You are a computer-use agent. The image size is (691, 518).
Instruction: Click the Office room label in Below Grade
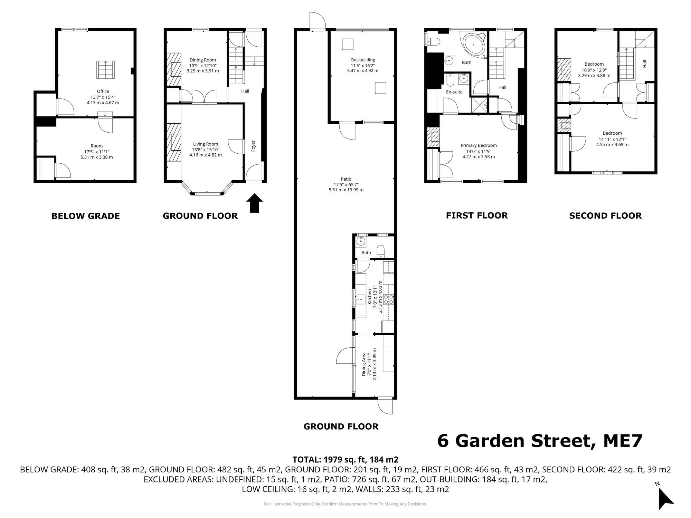(x=103, y=92)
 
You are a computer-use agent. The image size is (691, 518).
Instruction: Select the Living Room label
(x=206, y=144)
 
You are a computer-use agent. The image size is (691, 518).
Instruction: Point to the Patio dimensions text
(x=346, y=187)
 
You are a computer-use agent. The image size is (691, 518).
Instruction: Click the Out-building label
(x=362, y=60)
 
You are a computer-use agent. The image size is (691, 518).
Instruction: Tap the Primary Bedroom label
(x=479, y=145)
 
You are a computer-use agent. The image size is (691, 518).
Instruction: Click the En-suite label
(x=454, y=92)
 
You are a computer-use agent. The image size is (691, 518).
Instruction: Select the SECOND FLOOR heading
(x=605, y=215)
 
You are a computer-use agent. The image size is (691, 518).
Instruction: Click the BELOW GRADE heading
(x=85, y=216)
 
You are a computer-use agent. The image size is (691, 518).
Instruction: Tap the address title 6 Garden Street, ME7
(x=539, y=441)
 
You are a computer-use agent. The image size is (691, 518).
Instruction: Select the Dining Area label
(x=363, y=364)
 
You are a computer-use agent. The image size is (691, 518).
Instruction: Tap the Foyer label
(x=253, y=146)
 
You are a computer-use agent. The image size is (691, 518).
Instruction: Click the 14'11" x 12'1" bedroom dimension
(x=612, y=139)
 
